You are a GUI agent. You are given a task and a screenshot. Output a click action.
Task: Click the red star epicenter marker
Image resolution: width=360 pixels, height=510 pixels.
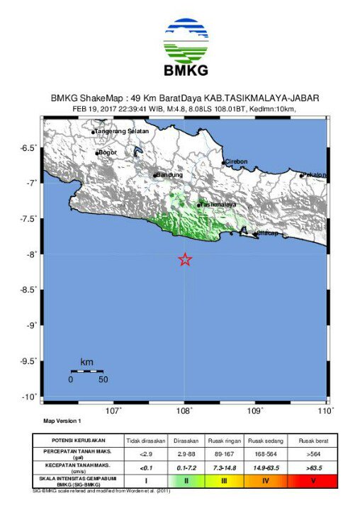point(185,260)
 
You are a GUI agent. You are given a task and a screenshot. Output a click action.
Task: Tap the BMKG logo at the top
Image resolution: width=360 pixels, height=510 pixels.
point(186,47)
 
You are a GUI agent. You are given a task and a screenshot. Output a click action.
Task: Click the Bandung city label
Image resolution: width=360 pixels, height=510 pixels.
point(169,175)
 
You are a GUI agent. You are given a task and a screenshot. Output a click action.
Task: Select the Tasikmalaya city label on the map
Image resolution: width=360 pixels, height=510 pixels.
point(218,204)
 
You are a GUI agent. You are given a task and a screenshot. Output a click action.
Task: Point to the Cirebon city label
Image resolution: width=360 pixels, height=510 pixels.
point(236,161)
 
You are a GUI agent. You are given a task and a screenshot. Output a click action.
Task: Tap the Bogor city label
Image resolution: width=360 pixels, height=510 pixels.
point(107,152)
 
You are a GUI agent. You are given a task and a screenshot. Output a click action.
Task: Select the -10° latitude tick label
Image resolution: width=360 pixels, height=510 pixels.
point(30,397)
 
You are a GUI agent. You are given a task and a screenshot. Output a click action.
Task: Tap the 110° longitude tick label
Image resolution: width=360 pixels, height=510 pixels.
point(326,410)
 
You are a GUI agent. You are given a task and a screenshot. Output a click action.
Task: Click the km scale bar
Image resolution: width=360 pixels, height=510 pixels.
point(86,371)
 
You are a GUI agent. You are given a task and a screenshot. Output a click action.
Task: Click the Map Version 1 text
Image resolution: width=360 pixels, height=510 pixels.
point(62,421)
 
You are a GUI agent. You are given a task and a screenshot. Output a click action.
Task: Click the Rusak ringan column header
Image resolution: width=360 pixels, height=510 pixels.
point(224,440)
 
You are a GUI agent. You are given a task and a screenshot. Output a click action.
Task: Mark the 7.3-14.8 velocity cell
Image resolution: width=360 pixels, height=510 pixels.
point(224,467)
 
